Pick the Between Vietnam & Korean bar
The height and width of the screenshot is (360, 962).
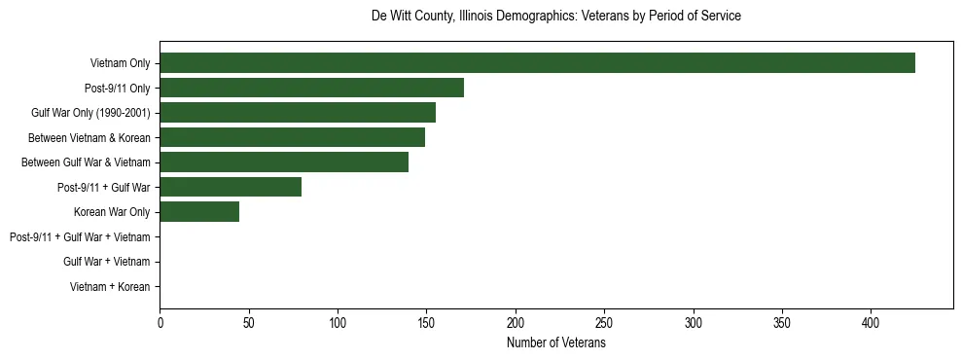point(292,137)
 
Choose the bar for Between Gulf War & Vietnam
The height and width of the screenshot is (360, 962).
point(284,162)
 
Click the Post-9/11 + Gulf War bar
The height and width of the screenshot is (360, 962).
point(231,187)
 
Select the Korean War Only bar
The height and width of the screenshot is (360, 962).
point(199,212)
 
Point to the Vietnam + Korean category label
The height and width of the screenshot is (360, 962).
point(110,287)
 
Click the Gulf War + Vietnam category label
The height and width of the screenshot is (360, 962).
point(106,262)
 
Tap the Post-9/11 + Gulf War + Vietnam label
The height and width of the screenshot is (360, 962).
point(80,237)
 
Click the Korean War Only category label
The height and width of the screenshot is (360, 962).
point(111,212)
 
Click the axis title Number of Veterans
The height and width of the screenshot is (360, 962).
point(555,343)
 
